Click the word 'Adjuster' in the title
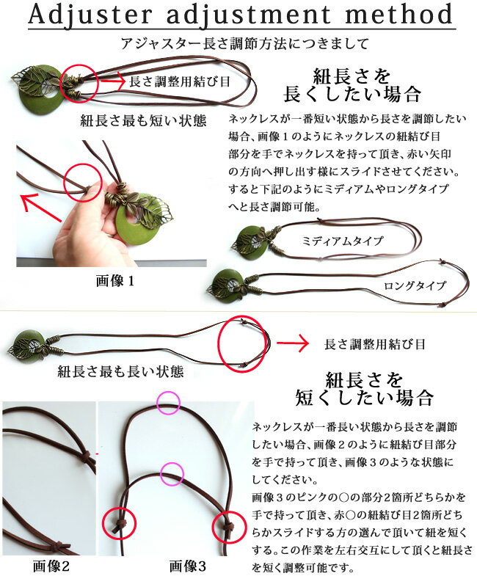pyautogui.click(x=90, y=14)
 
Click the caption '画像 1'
pyautogui.click(x=115, y=281)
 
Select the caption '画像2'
pyautogui.click(x=51, y=566)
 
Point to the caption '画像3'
pyautogui.click(x=188, y=566)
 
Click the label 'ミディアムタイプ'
pyautogui.click(x=343, y=241)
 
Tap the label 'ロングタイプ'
pyautogui.click(x=415, y=286)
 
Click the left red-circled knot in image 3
pyautogui.click(x=120, y=523)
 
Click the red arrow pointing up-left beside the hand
pyautogui.click(x=40, y=207)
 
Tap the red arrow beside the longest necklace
pyautogui.click(x=292, y=343)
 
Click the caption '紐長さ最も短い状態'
pyautogui.click(x=143, y=121)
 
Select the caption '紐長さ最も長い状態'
pyautogui.click(x=120, y=372)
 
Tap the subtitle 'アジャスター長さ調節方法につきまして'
pyautogui.click(x=245, y=44)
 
